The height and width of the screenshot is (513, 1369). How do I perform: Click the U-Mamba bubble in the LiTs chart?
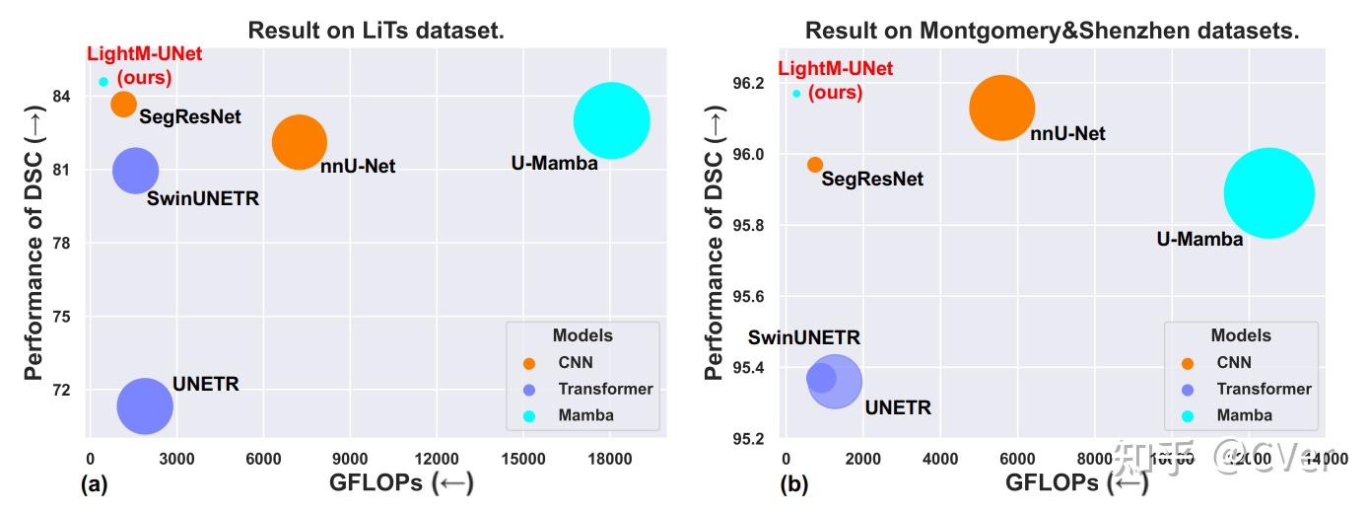click(611, 120)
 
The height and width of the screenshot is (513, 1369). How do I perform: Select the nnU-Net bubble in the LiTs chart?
click(299, 142)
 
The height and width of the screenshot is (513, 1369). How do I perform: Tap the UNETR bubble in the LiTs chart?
click(145, 405)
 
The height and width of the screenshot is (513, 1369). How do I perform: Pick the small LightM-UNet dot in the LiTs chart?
click(103, 82)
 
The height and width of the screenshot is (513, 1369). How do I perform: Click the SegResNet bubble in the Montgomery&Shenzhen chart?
click(815, 165)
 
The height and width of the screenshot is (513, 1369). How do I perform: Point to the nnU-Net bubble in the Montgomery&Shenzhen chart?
click(1001, 109)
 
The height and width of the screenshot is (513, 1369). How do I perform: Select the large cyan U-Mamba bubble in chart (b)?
click(1268, 193)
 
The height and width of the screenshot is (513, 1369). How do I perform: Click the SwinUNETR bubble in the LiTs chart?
click(135, 171)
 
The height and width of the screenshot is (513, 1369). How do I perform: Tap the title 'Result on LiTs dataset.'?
click(376, 31)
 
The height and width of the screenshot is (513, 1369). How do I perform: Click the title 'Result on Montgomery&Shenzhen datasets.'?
click(1052, 31)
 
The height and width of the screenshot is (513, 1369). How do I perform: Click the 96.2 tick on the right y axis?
click(746, 83)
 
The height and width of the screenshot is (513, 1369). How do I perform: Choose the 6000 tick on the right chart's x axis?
click(1017, 458)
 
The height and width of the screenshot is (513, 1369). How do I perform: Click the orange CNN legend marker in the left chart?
click(527, 362)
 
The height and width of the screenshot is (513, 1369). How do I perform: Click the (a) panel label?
click(94, 484)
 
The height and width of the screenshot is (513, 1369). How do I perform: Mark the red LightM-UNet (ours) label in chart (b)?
click(835, 80)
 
